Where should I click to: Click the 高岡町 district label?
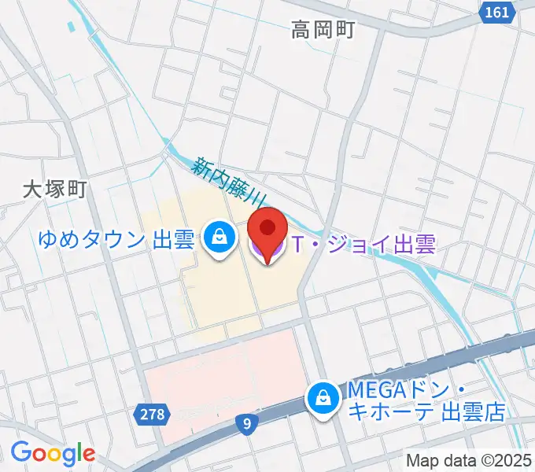(323, 31)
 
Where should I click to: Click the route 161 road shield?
(497, 13)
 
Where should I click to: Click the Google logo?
(53, 454)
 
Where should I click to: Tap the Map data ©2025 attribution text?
(470, 460)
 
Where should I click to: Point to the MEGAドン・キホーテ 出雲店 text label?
(421, 401)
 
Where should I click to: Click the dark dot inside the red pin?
(267, 228)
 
